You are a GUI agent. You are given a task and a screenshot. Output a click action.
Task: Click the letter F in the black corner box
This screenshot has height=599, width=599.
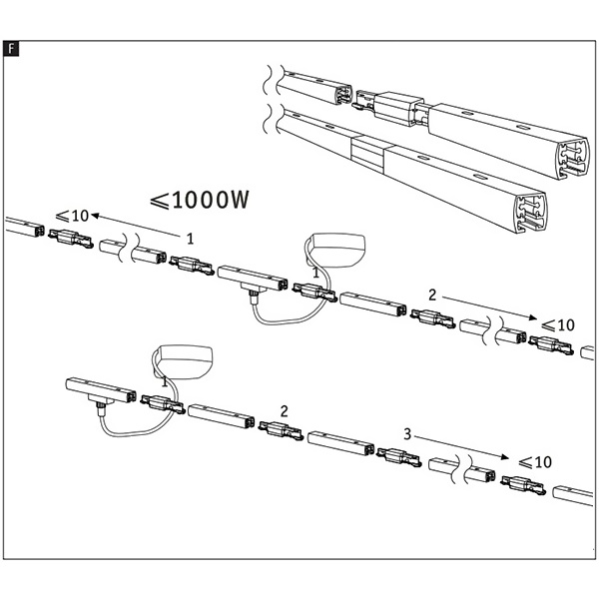pos(10,48)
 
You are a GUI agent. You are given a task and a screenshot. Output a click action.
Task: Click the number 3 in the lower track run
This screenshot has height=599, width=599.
pos(407,434)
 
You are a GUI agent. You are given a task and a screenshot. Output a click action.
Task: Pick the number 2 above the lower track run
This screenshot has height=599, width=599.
pos(285,410)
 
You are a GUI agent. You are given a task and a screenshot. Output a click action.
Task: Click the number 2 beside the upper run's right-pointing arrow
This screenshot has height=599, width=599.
pos(431,296)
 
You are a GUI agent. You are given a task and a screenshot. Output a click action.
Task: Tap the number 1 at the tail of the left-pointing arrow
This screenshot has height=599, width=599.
pos(189,237)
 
